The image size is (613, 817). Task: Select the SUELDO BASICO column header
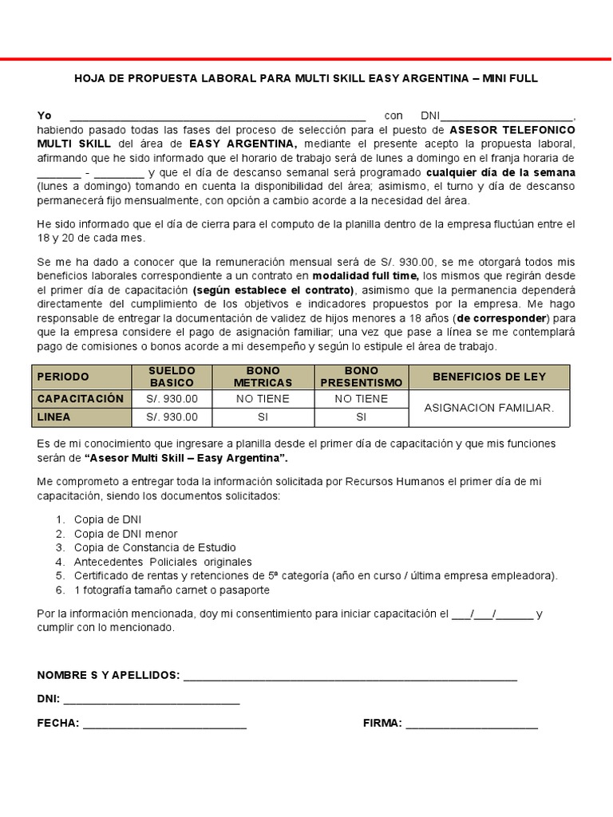tap(172, 377)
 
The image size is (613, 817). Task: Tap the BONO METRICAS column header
tap(263, 377)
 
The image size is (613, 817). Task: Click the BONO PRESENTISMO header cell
tap(361, 377)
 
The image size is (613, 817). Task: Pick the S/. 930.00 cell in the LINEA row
tap(172, 417)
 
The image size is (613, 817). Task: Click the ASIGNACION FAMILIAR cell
tap(488, 408)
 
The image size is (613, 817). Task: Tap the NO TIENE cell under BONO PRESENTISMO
tap(361, 399)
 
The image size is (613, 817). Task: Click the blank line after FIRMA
tap(471, 725)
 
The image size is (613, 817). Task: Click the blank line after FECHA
tap(164, 725)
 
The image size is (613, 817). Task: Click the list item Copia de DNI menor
tap(126, 534)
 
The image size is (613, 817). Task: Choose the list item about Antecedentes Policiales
tap(163, 562)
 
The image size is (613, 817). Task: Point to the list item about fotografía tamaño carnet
tap(172, 590)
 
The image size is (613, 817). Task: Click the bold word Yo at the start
tap(45, 116)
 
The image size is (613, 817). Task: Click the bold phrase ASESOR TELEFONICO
tap(512, 128)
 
